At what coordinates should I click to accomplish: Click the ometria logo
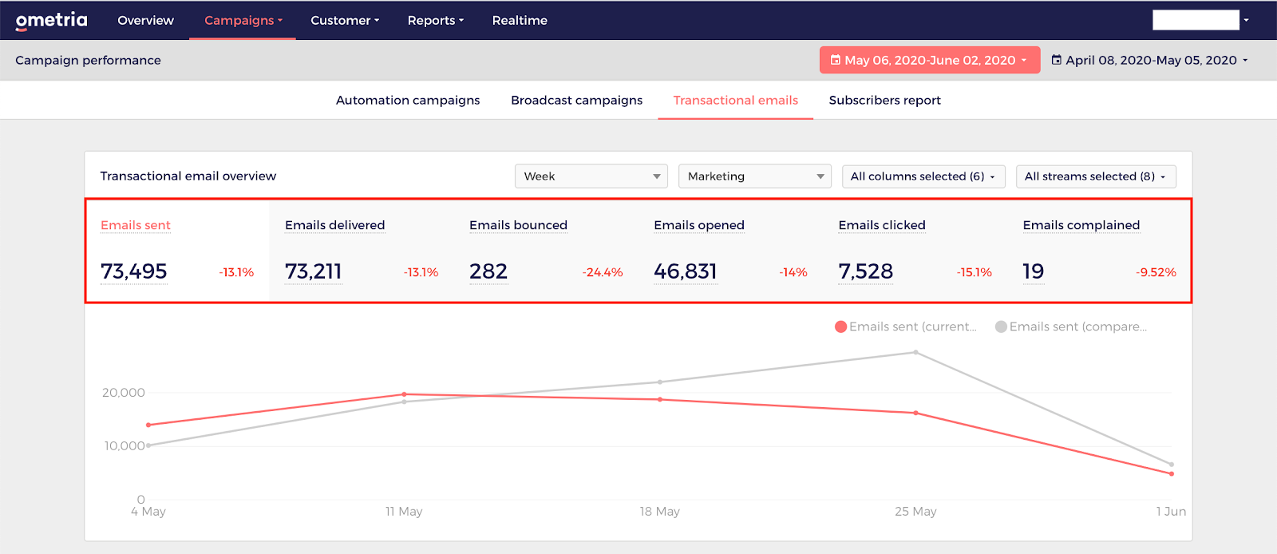click(51, 21)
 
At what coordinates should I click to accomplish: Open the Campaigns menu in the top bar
click(243, 21)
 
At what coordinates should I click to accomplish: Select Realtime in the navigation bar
click(520, 21)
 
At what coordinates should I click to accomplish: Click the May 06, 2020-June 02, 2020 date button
click(930, 60)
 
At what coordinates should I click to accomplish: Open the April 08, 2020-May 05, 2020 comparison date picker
click(1149, 60)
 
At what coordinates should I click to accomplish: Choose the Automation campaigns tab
click(408, 101)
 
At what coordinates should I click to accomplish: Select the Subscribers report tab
click(885, 101)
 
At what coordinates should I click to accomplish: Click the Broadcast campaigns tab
click(576, 101)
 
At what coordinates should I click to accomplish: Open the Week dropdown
click(591, 176)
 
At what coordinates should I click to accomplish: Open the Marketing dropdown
click(755, 176)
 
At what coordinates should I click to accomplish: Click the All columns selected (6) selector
click(923, 176)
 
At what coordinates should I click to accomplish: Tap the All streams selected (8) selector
click(1096, 176)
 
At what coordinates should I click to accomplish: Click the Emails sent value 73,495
click(134, 271)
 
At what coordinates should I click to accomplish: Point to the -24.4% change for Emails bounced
click(603, 272)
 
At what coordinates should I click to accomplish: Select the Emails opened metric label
click(699, 225)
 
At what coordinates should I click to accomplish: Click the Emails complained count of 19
click(1034, 271)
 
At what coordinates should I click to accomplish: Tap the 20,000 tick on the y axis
click(124, 392)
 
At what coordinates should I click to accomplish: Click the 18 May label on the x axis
click(659, 511)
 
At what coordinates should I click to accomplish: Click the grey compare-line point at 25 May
click(915, 352)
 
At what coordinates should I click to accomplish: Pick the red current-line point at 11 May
click(404, 394)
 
